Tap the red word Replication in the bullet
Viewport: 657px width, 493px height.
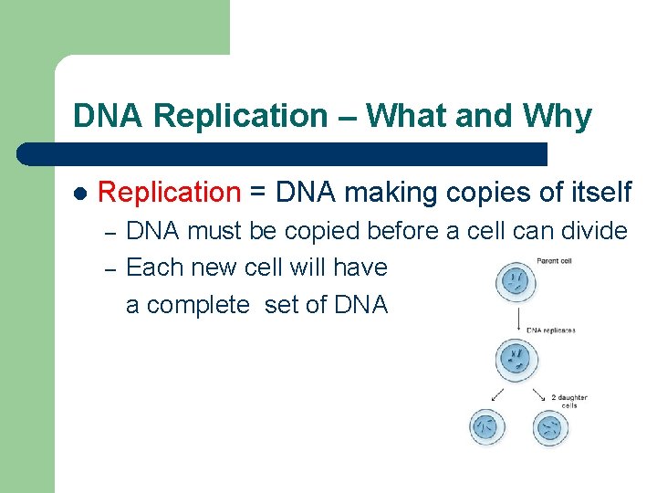tap(168, 192)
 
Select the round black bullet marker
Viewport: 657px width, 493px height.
tap(79, 194)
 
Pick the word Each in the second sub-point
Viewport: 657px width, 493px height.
tap(150, 267)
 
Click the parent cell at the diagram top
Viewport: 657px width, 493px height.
tap(516, 283)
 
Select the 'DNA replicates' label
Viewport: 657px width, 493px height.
tap(551, 330)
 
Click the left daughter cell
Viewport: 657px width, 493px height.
tap(487, 426)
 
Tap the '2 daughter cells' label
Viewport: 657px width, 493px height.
tap(568, 401)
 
